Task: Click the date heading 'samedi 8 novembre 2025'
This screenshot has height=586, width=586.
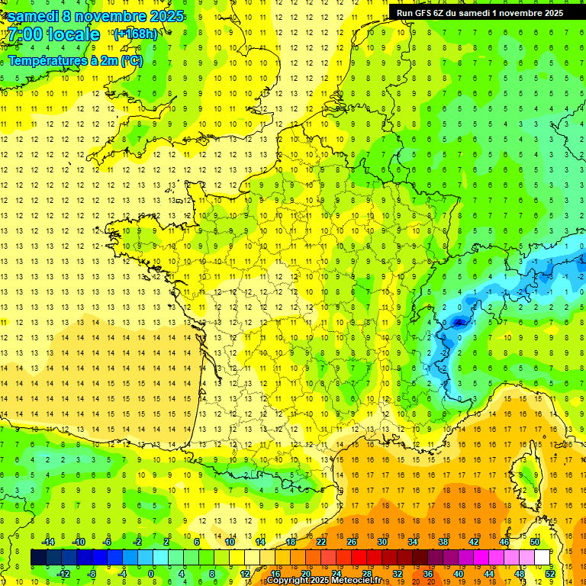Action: [95, 16]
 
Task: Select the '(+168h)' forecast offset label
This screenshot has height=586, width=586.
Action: [135, 34]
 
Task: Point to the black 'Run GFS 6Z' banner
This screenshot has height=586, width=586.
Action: [480, 12]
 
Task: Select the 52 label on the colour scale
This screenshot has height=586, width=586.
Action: [550, 574]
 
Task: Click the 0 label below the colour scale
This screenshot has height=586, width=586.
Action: [151, 574]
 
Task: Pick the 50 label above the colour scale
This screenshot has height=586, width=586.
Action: [534, 541]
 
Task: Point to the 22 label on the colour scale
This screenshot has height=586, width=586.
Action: [321, 541]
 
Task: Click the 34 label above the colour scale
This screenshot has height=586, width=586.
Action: [413, 541]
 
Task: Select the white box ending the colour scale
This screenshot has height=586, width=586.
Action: [542, 558]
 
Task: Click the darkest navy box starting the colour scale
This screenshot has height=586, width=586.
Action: [38, 558]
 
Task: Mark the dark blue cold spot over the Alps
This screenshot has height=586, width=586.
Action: [458, 322]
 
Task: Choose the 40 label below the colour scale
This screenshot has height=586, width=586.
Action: [458, 574]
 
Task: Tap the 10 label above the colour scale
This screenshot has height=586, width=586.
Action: [230, 541]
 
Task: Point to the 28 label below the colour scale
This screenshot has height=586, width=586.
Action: [366, 574]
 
